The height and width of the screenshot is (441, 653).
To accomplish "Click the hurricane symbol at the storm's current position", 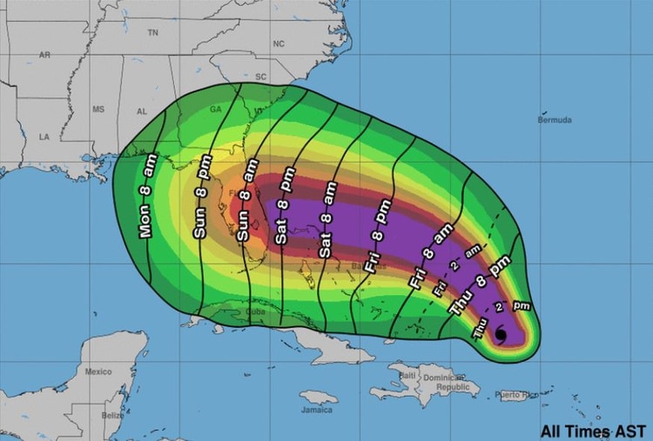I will pyautogui.click(x=501, y=334).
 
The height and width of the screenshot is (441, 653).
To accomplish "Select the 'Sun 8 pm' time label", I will pyautogui.click(x=199, y=210).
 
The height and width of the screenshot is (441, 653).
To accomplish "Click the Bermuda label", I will pyautogui.click(x=555, y=118).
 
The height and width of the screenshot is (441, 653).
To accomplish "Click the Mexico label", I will pyautogui.click(x=98, y=371).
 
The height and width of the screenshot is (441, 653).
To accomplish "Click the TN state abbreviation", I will pyautogui.click(x=153, y=32).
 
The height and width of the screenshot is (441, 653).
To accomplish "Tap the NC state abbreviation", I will pyautogui.click(x=279, y=43).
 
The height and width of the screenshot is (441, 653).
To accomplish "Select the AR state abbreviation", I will pyautogui.click(x=44, y=56).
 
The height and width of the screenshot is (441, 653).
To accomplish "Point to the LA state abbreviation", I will pyautogui.click(x=44, y=137).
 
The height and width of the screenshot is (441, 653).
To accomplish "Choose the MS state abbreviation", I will pyautogui.click(x=98, y=110).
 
